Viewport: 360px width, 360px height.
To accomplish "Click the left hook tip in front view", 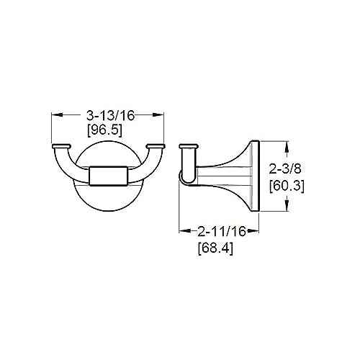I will (62, 148).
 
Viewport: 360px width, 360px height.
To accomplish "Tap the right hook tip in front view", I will (154, 148).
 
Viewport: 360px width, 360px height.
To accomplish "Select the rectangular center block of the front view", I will (108, 176).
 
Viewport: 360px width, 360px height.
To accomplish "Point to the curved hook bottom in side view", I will (185, 180).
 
